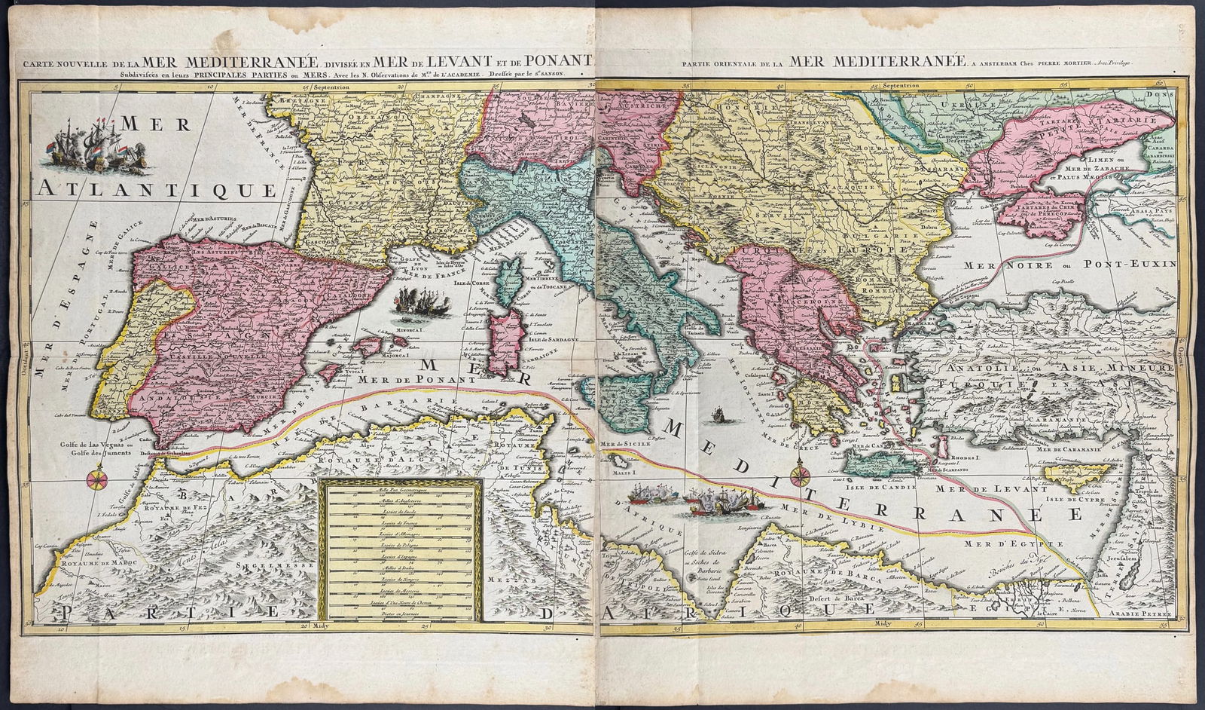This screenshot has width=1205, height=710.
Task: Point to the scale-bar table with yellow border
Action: click(400, 553)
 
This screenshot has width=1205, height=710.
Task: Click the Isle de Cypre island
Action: click(1072, 475)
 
